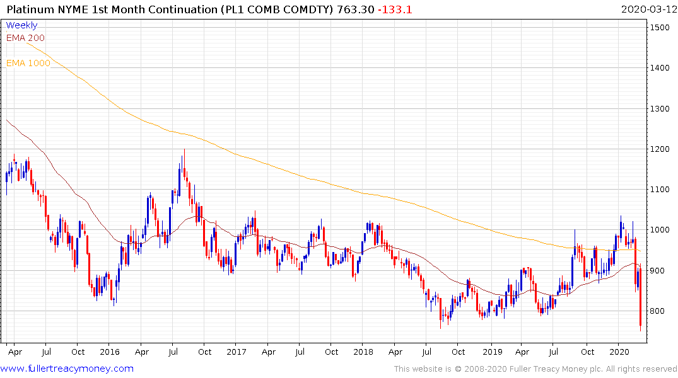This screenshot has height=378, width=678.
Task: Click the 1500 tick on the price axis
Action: tap(661, 28)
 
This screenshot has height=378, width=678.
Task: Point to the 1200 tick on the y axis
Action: tap(661, 149)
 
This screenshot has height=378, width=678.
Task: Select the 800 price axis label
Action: tap(658, 311)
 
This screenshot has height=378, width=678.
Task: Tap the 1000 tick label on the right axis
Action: tap(661, 230)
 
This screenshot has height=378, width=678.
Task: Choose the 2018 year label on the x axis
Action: tap(363, 352)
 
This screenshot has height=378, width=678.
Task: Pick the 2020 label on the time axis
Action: tap(619, 352)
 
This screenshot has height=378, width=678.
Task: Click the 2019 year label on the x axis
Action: tap(491, 352)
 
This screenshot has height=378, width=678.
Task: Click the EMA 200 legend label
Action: tap(26, 38)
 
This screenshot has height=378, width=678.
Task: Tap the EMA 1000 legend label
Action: tap(28, 63)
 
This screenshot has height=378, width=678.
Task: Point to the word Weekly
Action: tap(21, 25)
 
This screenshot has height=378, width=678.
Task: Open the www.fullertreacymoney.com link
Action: tap(67, 369)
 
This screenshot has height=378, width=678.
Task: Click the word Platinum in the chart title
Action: tap(29, 9)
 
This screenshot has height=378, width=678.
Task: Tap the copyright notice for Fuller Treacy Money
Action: tap(535, 369)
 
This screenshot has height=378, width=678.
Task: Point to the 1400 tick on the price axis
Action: tap(661, 68)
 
